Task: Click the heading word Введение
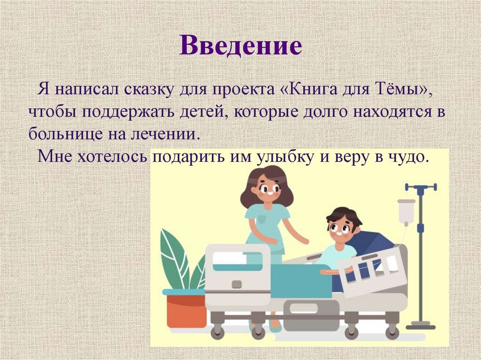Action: pos(240,46)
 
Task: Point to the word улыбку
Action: pos(286,156)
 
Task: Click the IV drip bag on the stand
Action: pos(406,212)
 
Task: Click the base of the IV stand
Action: pos(420,325)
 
